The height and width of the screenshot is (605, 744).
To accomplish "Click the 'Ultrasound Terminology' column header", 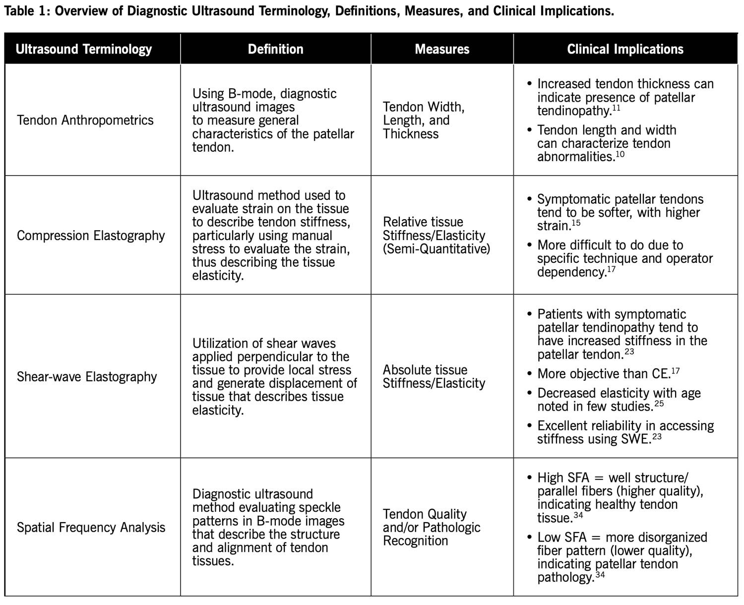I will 84,49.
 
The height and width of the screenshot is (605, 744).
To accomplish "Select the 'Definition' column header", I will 275,49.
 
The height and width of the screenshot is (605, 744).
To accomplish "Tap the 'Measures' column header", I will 442,49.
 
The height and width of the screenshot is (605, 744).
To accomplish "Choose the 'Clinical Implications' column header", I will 625,49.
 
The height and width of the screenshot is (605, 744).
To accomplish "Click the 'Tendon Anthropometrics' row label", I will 85,120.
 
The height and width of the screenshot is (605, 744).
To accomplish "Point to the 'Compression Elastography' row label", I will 91,235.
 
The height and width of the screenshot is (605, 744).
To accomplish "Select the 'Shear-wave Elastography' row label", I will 87,376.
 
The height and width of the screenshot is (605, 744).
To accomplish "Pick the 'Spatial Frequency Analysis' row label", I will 91,527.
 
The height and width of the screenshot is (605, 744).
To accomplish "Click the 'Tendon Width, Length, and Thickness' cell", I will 424,120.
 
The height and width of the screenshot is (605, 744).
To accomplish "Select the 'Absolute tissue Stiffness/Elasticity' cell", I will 434,376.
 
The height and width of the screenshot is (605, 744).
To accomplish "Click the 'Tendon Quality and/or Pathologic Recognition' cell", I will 432,527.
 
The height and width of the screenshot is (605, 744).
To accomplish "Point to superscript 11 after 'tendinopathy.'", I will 616,108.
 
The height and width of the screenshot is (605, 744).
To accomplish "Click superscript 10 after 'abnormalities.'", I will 620,154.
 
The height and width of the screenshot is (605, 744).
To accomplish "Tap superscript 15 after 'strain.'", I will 576,223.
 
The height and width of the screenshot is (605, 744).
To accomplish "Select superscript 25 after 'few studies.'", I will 659,403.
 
